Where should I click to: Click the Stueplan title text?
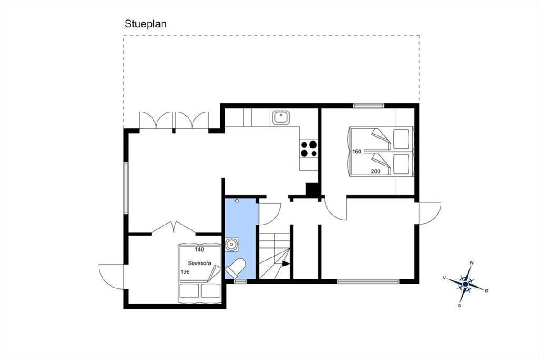pyautogui.click(x=146, y=24)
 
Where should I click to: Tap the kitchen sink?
pyautogui.click(x=281, y=117)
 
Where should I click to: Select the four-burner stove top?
pyautogui.click(x=309, y=149)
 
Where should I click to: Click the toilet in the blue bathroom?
pyautogui.click(x=235, y=268)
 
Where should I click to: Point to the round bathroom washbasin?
pyautogui.click(x=232, y=244)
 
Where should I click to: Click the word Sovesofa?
pyautogui.click(x=199, y=263)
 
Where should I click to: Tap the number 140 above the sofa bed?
pyautogui.click(x=200, y=250)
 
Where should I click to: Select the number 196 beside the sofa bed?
pyautogui.click(x=185, y=272)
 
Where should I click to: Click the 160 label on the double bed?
pyautogui.click(x=357, y=152)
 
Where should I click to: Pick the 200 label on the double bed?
pyautogui.click(x=376, y=171)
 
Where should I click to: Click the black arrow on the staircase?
pyautogui.click(x=286, y=264)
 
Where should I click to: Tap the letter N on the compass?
pyautogui.click(x=472, y=263)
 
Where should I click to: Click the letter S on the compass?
pyautogui.click(x=459, y=306)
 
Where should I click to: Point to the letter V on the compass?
pyautogui.click(x=445, y=278)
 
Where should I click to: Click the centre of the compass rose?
pyautogui.click(x=465, y=284)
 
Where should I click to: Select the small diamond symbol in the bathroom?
pyautogui.click(x=237, y=201)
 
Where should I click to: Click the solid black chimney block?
pyautogui.click(x=312, y=189)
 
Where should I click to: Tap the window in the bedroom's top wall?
pyautogui.click(x=369, y=106)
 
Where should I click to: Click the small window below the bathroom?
pyautogui.click(x=241, y=281)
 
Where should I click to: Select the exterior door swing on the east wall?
pyautogui.click(x=430, y=213)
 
